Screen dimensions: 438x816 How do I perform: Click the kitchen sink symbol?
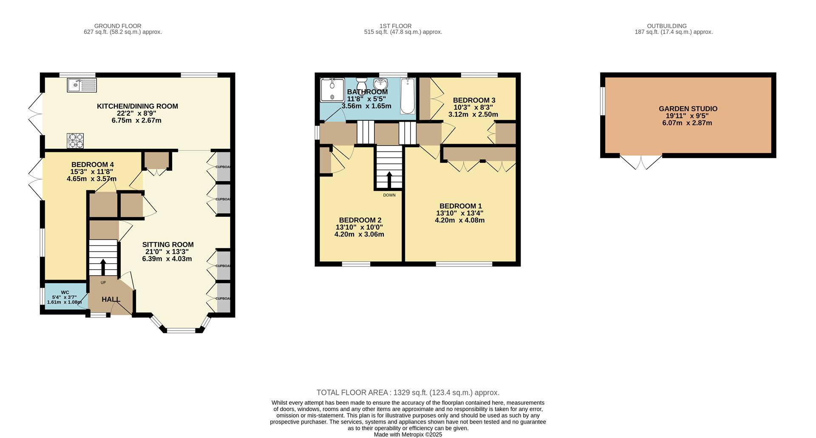pos(82,85)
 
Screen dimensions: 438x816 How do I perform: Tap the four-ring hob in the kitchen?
pos(75,141)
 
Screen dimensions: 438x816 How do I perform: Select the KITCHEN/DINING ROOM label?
pos(137,106)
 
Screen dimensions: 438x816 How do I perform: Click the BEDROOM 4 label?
pos(92,165)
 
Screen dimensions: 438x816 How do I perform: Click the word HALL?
pos(110,299)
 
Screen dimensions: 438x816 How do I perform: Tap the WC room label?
pos(65,292)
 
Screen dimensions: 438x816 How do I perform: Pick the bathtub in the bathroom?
pos(407,96)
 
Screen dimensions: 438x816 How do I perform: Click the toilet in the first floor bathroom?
pos(362,83)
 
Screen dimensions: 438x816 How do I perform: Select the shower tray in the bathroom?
pos(332,90)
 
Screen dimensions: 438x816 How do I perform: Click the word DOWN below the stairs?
pos(389,195)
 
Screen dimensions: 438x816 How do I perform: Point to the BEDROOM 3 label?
pos(474,100)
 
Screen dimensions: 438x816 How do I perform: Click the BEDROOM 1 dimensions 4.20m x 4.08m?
pos(459,220)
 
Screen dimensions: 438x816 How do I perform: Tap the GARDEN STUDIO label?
pos(688,109)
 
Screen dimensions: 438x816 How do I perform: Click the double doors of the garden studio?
pos(641,162)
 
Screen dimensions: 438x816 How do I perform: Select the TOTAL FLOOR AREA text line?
pos(408,392)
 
